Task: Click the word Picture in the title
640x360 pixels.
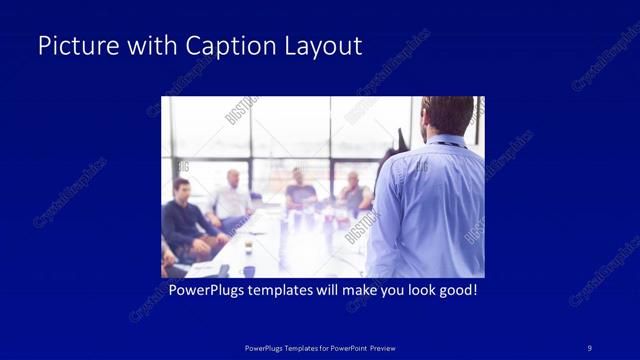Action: point(72,46)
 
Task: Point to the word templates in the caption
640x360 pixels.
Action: point(284,291)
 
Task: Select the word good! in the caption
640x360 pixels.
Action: point(456,291)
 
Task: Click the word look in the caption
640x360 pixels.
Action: point(414,291)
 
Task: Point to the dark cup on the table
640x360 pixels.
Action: point(249,270)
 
